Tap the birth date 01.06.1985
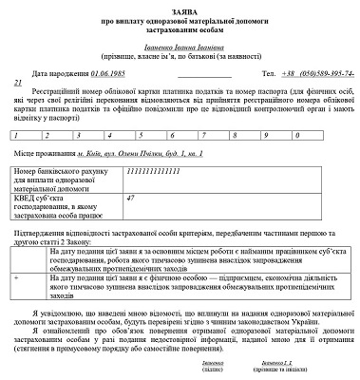click(x=113, y=71)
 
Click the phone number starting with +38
click(x=314, y=71)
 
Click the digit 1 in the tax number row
click(x=14, y=134)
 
